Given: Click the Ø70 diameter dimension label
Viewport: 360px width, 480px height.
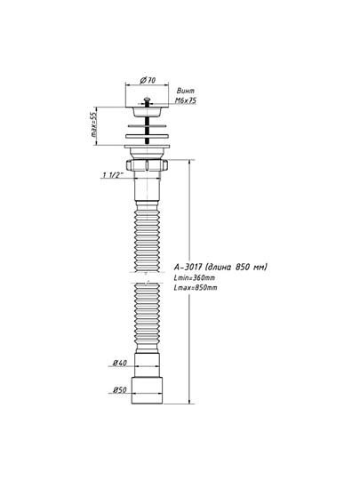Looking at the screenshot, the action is click(x=148, y=80).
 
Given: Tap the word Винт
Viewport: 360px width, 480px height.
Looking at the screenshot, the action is click(x=186, y=91).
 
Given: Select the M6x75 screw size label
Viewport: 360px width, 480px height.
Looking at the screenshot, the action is click(x=186, y=100).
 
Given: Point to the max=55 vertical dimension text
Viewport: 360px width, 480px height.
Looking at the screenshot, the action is click(x=93, y=125).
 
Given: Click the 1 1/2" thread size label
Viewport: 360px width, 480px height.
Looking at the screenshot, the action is click(x=113, y=175).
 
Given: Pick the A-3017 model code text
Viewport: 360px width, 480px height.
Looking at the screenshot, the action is click(x=188, y=267).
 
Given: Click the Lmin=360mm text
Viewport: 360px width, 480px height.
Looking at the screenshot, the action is click(x=194, y=278).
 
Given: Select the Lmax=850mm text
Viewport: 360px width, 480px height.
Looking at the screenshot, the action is click(x=196, y=288).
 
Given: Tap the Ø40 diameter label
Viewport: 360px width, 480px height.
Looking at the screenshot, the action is click(x=120, y=363).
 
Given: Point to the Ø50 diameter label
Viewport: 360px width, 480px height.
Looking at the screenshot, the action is click(x=120, y=390).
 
